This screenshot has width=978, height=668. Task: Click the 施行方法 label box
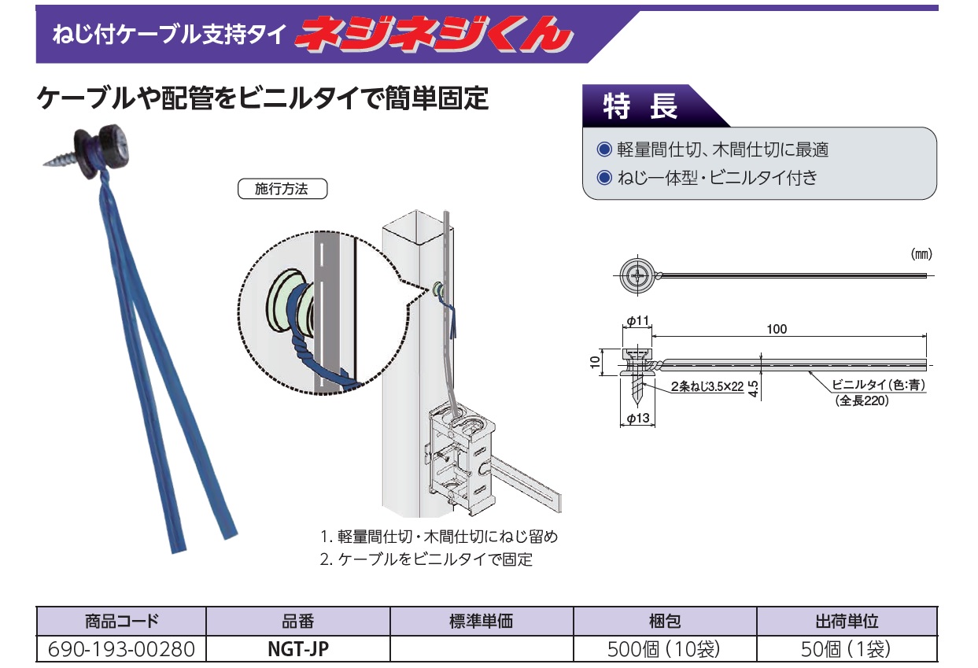pos(282,190)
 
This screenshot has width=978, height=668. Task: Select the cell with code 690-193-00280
pos(120,649)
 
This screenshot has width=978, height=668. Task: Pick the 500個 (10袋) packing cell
pos(664,649)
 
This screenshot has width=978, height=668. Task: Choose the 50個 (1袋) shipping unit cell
pos(847,649)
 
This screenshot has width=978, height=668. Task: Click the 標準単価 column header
pos(481,621)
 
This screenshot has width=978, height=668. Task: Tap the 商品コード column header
pos(120,621)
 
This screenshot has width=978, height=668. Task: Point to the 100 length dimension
pos(776,329)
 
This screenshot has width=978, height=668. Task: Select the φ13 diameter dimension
pos(639,418)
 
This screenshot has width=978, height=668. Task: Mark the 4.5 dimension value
pos(753,387)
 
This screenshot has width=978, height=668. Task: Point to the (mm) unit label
pos(921,254)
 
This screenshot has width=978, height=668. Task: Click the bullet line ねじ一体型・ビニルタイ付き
pos(715,177)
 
